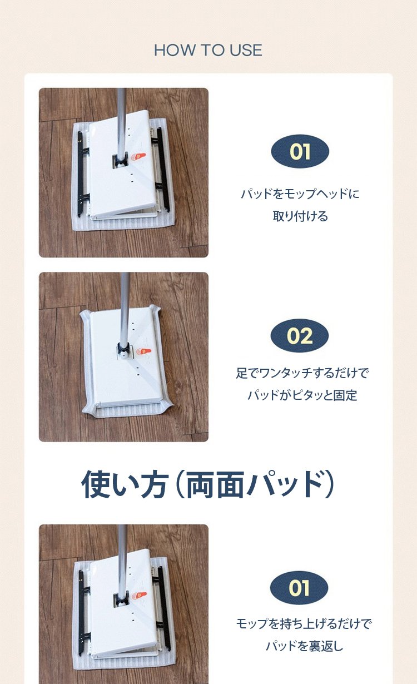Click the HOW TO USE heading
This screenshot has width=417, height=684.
(x=208, y=50)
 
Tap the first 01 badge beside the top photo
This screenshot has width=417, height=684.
(x=300, y=152)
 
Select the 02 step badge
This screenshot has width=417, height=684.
(x=300, y=335)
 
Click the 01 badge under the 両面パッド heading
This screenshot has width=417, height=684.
(x=299, y=588)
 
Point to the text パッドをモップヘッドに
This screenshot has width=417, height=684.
(x=300, y=194)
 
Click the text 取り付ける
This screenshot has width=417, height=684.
(x=300, y=216)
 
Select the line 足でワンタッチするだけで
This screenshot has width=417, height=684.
(x=302, y=373)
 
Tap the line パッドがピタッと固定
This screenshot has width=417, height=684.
(x=302, y=395)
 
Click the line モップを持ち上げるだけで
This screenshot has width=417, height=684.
(x=304, y=623)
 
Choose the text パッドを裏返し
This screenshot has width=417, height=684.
(x=304, y=646)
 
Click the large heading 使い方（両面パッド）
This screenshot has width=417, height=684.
(x=208, y=484)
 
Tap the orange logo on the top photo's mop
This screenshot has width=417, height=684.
(x=138, y=157)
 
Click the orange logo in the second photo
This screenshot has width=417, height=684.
(x=143, y=351)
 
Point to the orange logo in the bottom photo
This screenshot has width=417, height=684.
(x=139, y=596)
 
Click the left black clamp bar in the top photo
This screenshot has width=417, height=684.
(x=81, y=174)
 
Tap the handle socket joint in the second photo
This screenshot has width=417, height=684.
(x=124, y=350)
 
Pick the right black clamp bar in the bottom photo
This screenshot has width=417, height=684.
(x=162, y=606)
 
